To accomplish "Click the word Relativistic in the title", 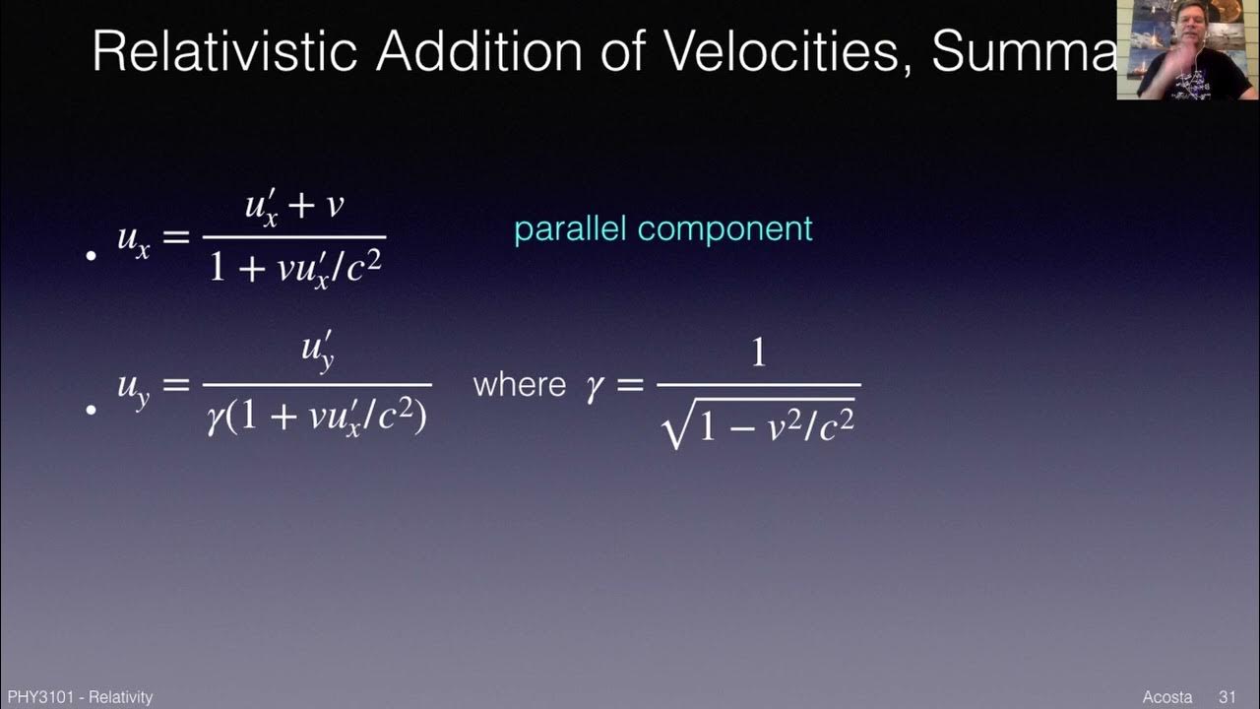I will click(x=223, y=51).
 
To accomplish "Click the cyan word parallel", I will click(x=571, y=229).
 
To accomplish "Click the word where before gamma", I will click(x=519, y=384).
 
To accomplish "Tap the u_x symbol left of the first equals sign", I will click(x=134, y=240).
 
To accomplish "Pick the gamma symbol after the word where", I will click(x=594, y=385).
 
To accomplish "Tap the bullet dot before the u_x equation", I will click(x=92, y=256).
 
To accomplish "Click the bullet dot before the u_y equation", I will click(x=92, y=408).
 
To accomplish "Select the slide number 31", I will click(x=1227, y=697).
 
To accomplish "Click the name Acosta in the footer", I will click(x=1167, y=697).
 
